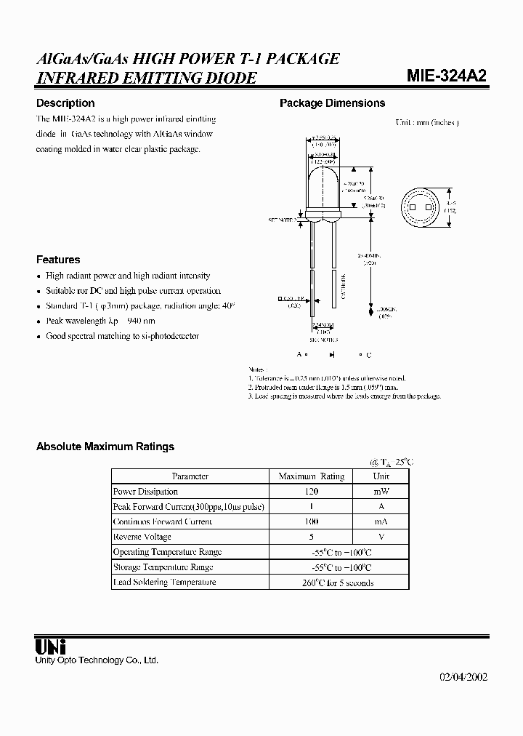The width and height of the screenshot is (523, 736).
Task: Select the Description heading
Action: (x=65, y=103)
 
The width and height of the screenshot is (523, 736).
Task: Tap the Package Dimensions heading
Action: (x=332, y=103)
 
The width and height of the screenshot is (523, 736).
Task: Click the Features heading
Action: (x=58, y=260)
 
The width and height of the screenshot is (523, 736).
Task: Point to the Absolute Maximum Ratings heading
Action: (x=105, y=447)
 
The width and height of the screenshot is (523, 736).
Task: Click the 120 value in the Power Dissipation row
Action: (x=312, y=492)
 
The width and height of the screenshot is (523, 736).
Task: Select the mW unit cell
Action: (x=381, y=492)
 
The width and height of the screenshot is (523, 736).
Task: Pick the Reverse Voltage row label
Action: (x=142, y=537)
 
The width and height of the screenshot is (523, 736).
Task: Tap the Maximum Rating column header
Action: (x=312, y=476)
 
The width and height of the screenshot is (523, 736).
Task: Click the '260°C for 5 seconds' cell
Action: (x=338, y=583)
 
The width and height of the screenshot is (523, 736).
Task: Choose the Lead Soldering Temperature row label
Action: (x=164, y=583)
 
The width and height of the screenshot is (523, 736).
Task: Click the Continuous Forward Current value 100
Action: (x=312, y=521)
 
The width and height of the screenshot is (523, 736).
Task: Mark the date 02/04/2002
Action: (x=463, y=676)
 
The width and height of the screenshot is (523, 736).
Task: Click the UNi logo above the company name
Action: (x=51, y=645)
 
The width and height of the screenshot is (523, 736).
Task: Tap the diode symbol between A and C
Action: (x=331, y=354)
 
